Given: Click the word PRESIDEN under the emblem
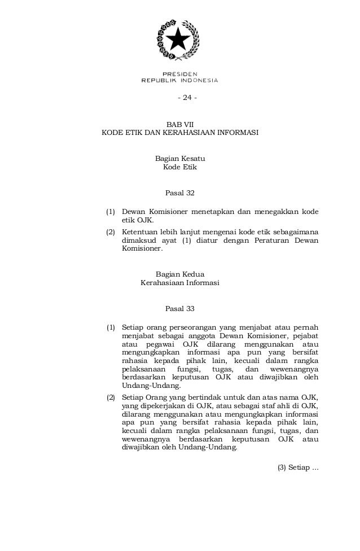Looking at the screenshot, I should pyautogui.click(x=179, y=75).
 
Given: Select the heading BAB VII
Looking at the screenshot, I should pyautogui.click(x=179, y=124).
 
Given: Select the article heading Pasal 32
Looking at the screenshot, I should pyautogui.click(x=179, y=193).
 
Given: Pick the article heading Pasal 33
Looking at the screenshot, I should pyautogui.click(x=179, y=309).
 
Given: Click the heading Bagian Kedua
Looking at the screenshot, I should pyautogui.click(x=179, y=274).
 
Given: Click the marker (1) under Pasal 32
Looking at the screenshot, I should pyautogui.click(x=111, y=212).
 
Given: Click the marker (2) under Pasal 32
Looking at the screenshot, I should pyautogui.click(x=111, y=231).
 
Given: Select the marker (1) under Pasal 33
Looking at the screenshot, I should pyautogui.click(x=111, y=327).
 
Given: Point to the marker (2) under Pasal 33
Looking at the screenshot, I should pyautogui.click(x=111, y=398).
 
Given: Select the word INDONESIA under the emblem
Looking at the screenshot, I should pyautogui.click(x=198, y=80).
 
